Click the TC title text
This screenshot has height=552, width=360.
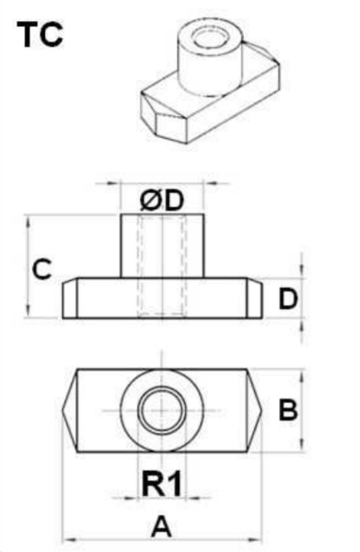(40, 35)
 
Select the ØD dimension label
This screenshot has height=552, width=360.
(162, 201)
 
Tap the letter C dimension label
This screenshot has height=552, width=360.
(42, 270)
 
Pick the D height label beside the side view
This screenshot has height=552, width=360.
(288, 298)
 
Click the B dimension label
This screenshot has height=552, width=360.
(288, 409)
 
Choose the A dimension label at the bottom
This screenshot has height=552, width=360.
(161, 526)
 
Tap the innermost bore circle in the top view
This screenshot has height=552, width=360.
(162, 410)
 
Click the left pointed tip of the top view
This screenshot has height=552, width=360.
(63, 410)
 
